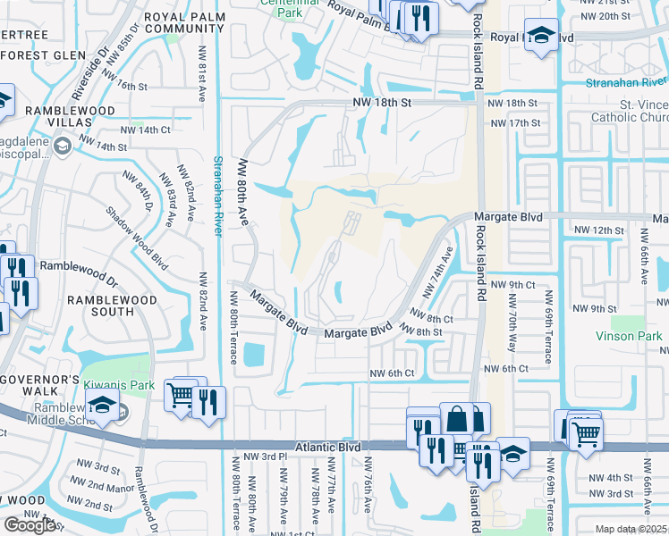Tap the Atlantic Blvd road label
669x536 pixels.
point(331,446)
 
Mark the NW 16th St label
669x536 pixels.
point(126,86)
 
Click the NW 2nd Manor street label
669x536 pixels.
point(97,488)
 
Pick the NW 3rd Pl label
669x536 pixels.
point(269,456)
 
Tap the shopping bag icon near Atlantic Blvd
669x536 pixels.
point(456,419)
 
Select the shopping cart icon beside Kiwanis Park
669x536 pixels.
point(181,393)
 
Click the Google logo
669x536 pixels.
point(30,525)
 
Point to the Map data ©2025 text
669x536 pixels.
point(631,529)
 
